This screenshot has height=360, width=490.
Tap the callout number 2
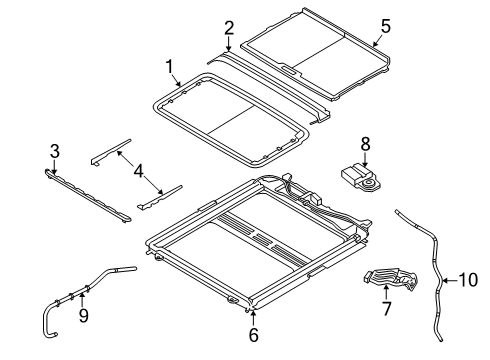pos(229,28)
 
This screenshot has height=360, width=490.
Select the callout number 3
pos(55,151)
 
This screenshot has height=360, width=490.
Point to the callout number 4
pos(141,170)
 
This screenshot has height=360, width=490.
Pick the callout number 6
pos(253,333)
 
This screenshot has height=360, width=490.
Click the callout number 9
pos(83,316)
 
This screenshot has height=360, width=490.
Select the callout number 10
pos(467,281)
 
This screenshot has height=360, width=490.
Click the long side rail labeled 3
pos(90,192)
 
